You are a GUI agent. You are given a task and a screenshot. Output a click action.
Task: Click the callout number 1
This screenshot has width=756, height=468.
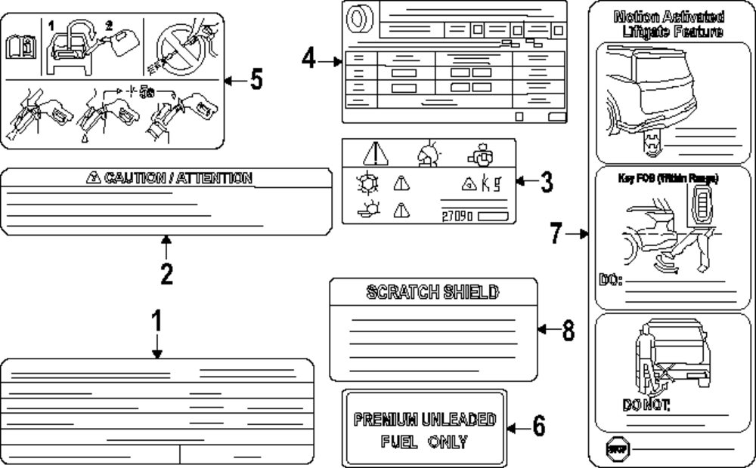156,322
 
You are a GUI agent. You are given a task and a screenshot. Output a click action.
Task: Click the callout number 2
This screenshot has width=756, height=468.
166,272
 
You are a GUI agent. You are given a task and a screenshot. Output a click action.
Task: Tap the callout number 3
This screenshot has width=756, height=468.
546,181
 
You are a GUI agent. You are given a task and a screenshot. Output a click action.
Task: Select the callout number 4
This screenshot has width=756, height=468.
308,60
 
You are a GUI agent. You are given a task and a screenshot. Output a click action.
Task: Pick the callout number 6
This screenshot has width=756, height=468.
538,426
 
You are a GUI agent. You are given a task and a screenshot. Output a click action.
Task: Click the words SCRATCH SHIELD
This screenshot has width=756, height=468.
432,292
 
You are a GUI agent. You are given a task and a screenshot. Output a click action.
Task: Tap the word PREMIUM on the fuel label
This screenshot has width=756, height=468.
386,419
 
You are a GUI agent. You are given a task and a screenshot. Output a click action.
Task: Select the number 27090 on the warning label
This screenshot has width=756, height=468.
457,215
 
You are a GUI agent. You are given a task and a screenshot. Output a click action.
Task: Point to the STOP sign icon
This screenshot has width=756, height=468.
614,449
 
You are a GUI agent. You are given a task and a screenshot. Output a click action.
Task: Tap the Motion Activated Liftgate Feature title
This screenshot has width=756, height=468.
668,23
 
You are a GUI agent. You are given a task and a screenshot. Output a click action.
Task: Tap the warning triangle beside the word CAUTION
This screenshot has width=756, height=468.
92,178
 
